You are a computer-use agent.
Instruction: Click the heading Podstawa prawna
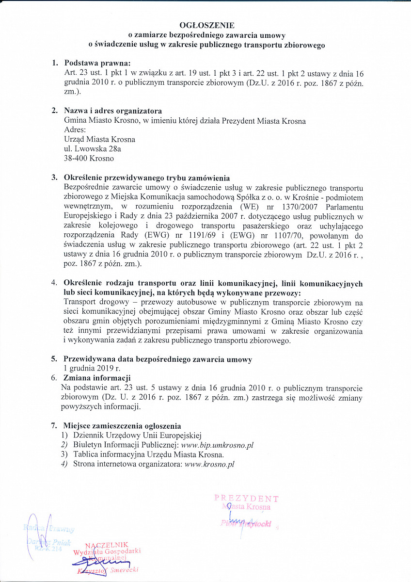97,63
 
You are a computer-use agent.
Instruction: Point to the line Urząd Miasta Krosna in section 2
99,139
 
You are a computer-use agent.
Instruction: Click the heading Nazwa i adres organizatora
113,111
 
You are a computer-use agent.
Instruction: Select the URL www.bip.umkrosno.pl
217,445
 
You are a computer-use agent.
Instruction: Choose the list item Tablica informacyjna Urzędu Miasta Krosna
148,454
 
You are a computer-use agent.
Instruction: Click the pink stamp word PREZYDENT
246,498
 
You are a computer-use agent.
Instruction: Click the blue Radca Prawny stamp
48,528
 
